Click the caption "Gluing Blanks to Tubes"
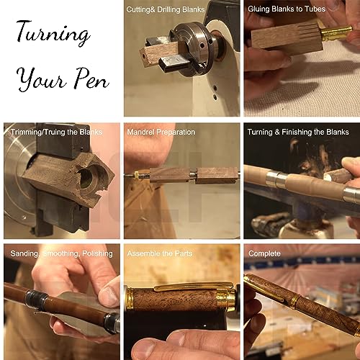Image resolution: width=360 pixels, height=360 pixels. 286,9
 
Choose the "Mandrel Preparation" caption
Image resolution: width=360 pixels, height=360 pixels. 161,132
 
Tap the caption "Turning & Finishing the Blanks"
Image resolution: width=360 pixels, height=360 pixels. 298,132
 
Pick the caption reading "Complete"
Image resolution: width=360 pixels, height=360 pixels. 264,253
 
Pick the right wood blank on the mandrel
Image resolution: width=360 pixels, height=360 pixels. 217,175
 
